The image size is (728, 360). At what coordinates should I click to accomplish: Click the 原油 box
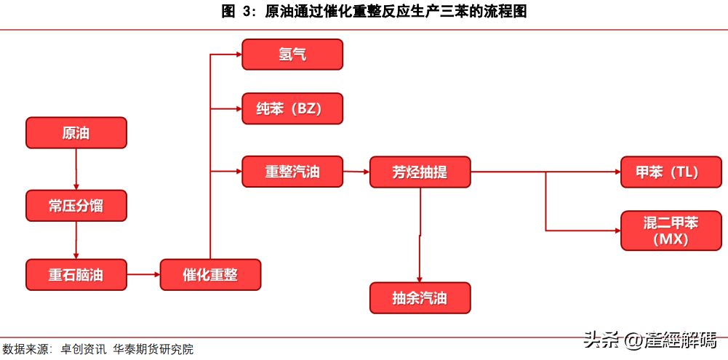[76, 133]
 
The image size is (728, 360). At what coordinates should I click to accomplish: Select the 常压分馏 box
[76, 205]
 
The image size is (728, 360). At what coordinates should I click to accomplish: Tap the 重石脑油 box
[76, 274]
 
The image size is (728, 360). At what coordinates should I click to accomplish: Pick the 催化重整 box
[210, 274]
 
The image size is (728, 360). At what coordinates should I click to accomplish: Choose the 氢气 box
[292, 55]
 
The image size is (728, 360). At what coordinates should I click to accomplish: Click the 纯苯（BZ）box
[292, 108]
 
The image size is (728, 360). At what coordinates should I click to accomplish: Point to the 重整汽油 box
[292, 172]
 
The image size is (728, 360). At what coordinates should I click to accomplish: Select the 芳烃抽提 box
[420, 172]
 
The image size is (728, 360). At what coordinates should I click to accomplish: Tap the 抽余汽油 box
[420, 297]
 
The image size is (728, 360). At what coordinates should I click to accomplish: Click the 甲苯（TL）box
[671, 172]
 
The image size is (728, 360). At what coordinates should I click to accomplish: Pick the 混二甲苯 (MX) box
[671, 231]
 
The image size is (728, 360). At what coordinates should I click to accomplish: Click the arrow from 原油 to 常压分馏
[76, 169]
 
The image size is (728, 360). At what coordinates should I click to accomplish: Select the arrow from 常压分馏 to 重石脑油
[76, 240]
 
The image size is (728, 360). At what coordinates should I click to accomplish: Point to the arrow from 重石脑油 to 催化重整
[143, 274]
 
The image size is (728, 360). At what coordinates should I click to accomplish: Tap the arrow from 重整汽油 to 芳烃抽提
[356, 172]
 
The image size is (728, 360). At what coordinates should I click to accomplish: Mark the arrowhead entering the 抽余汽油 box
[420, 279]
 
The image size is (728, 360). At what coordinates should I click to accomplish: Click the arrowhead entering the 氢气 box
[239, 55]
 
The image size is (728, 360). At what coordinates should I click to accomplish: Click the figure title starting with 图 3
[375, 12]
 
